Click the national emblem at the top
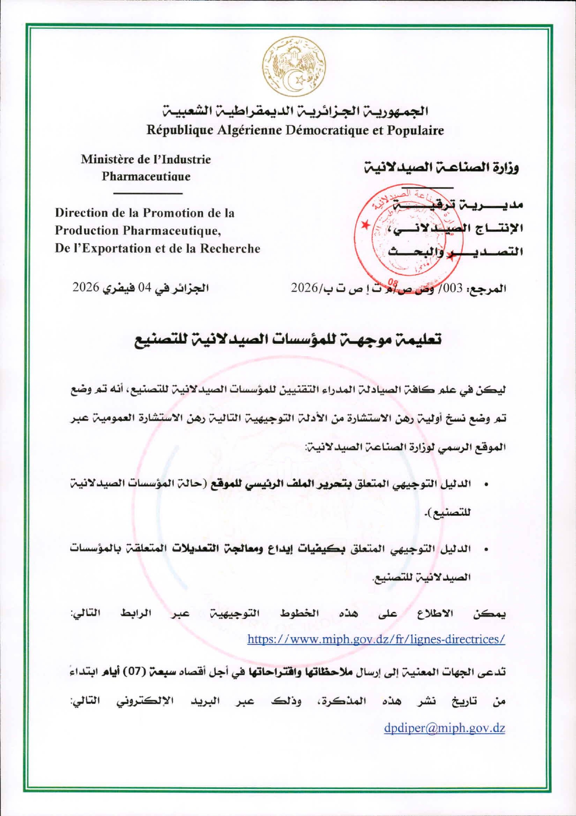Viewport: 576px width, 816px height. [x=293, y=68]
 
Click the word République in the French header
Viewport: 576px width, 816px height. [x=179, y=130]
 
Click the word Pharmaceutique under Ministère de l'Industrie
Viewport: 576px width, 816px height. [x=146, y=177]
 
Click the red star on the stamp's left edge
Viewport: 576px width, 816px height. [x=366, y=225]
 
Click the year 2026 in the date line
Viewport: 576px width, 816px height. [x=86, y=288]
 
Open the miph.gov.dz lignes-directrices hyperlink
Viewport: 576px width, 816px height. [x=376, y=639]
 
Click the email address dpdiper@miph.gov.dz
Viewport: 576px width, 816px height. [x=444, y=728]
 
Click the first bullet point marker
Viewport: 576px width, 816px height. [x=486, y=485]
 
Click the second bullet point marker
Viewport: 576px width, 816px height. [x=486, y=550]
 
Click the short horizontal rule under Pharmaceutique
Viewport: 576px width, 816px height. [x=147, y=193]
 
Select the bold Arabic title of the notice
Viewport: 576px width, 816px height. [x=288, y=340]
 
